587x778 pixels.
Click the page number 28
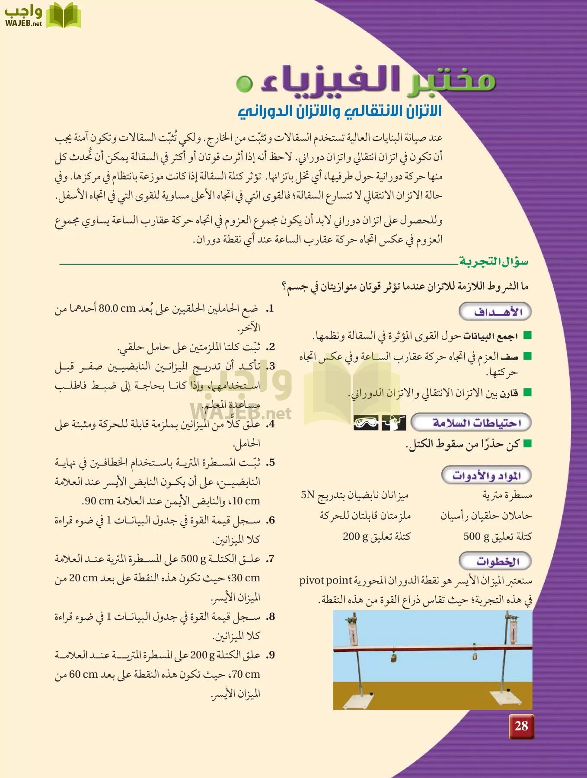521,726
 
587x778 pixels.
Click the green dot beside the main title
245,83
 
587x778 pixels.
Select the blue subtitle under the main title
340,112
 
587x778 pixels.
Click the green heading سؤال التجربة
494,261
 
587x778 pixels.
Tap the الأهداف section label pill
495,312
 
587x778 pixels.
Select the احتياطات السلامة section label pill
471,422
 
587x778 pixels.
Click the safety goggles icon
366,423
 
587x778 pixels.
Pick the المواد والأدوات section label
486,475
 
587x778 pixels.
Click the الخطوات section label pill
495,561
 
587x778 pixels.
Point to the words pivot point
326,580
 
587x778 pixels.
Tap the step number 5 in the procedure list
271,463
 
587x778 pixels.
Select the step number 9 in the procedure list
271,655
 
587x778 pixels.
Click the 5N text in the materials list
307,495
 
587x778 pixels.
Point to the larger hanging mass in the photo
394,658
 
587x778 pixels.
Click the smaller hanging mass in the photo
475,656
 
